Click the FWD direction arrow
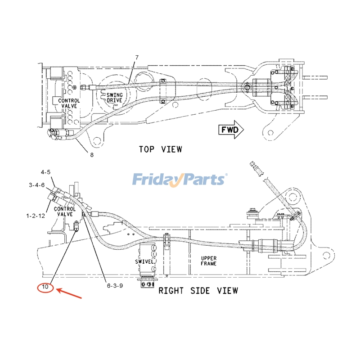pyautogui.click(x=231, y=130)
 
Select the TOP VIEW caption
pyautogui.click(x=161, y=149)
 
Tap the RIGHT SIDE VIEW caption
pyautogui.click(x=198, y=291)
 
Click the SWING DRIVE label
pyautogui.click(x=114, y=98)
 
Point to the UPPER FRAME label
pyautogui.click(x=208, y=261)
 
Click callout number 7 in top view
pyautogui.click(x=137, y=58)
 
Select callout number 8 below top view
pyautogui.click(x=92, y=155)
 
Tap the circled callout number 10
pyautogui.click(x=45, y=287)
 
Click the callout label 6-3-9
pyautogui.click(x=115, y=286)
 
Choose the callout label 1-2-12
pyautogui.click(x=36, y=216)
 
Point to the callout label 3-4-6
pyautogui.click(x=37, y=185)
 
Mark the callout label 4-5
pyautogui.click(x=45, y=172)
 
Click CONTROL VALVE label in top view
pyautogui.click(x=69, y=103)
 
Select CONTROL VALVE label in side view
pyautogui.click(x=65, y=211)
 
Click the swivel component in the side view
pyautogui.click(x=147, y=265)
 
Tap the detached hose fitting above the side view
pyautogui.click(x=257, y=169)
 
